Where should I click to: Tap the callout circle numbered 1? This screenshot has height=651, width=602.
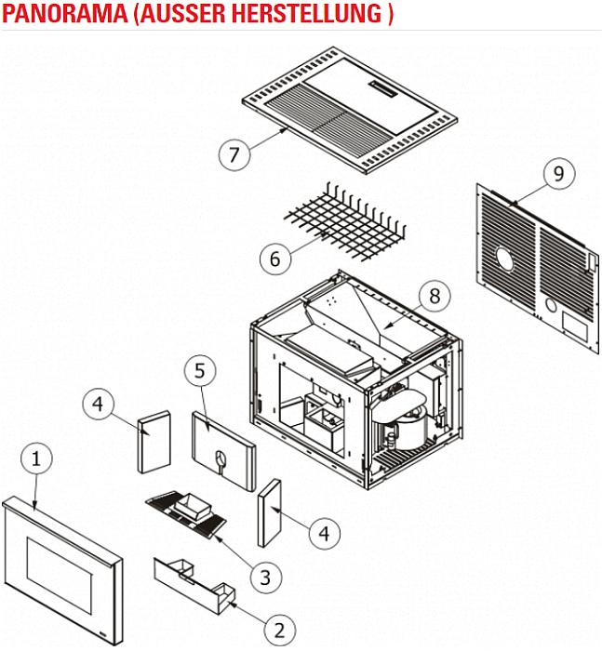click(36, 459)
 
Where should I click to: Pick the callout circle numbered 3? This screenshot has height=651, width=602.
click(266, 577)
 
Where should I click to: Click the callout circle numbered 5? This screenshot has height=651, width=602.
click(200, 371)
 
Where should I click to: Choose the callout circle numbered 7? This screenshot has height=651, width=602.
click(234, 153)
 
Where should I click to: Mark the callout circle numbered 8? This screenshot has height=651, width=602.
click(434, 296)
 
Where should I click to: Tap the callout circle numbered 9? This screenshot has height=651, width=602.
click(557, 174)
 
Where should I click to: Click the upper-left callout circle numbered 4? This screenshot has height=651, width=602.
click(100, 405)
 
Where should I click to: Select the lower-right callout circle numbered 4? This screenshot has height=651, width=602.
click(323, 534)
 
